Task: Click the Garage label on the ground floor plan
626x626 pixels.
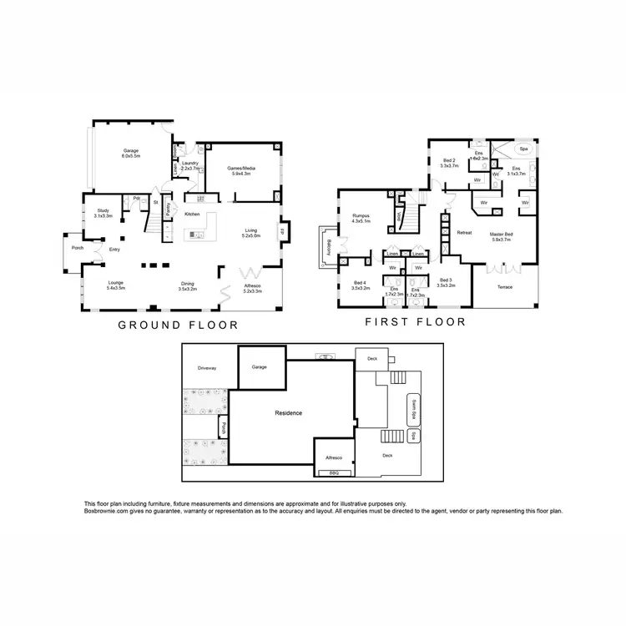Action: pos(131,154)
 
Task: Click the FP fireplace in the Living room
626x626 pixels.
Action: pos(283,231)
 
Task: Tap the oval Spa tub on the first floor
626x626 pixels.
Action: pos(524,150)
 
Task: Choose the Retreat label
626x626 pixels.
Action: pos(464,233)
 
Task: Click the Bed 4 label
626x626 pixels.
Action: pos(360,283)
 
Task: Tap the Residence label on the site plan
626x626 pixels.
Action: pos(288,413)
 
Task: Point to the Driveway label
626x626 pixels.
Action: pos(208,367)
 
